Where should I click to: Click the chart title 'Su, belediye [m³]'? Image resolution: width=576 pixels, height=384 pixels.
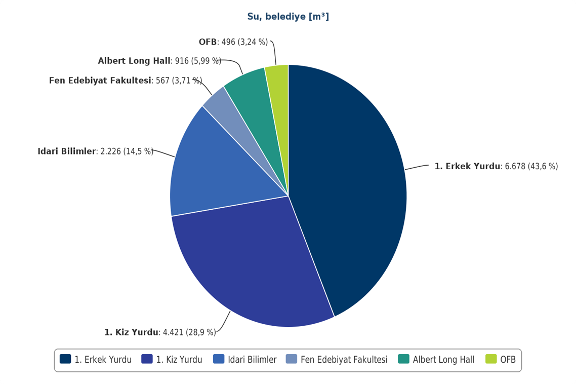pos(288,17)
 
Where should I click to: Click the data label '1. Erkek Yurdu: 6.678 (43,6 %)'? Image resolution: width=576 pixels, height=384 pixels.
pos(496,166)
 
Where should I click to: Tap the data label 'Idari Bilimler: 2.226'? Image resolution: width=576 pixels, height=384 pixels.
pos(95,151)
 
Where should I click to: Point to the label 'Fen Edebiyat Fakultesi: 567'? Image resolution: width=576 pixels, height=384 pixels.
pos(125,81)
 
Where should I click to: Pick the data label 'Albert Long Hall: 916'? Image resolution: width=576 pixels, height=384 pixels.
pos(159,61)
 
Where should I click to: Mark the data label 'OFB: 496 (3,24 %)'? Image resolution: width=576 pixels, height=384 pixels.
pos(233,42)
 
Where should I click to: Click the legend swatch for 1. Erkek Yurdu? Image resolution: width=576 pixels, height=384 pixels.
pos(65,359)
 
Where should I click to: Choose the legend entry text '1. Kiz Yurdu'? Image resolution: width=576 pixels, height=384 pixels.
pos(179,360)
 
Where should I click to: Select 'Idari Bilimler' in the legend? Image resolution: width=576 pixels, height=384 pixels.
pos(252,360)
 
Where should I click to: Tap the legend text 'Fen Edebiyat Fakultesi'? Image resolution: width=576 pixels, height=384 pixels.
pos(344,360)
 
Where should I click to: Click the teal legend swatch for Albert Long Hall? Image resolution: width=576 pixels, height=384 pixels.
pos(403,359)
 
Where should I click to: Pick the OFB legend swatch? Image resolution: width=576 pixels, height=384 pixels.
pos(491,359)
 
